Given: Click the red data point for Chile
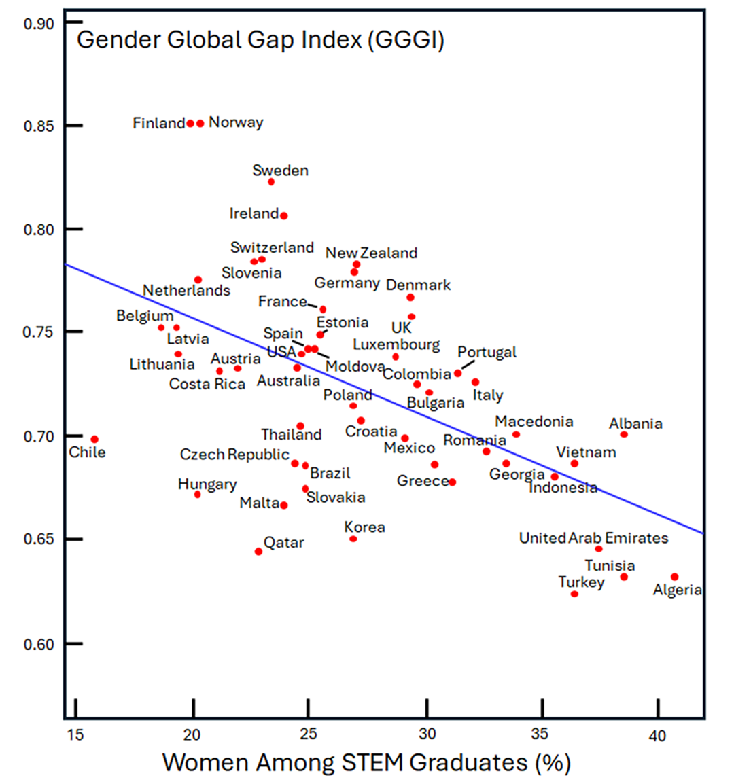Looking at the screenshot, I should click(94, 440).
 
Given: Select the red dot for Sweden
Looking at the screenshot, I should click(271, 182).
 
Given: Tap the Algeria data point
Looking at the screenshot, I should click(674, 577).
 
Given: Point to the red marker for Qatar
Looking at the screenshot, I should click(258, 552).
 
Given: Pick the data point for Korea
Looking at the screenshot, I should click(353, 539).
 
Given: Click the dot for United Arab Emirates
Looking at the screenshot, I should click(598, 549).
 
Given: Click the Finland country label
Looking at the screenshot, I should click(158, 123).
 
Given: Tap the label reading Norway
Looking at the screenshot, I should click(236, 122).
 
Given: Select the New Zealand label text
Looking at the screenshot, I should click(371, 253).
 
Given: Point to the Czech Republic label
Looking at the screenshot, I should click(234, 455).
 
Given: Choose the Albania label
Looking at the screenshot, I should click(635, 424).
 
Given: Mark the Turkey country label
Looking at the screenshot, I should click(581, 582).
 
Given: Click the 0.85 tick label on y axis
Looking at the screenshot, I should click(39, 126).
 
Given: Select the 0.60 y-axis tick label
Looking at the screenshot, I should click(39, 644).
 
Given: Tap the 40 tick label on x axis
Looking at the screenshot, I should click(657, 736).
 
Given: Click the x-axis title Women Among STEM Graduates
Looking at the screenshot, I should click(366, 762).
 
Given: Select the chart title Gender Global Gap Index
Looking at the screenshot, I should click(260, 40).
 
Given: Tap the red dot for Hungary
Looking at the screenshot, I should click(197, 495).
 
